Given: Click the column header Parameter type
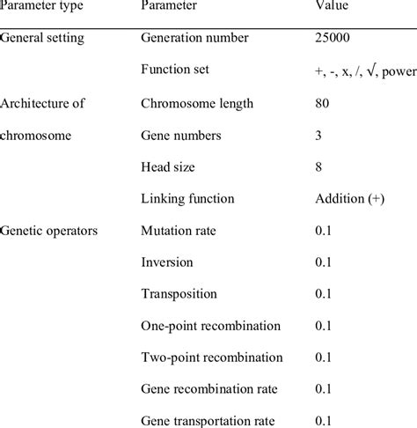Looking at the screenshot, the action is pyautogui.click(x=41, y=6).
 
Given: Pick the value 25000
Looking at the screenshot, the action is pyautogui.click(x=334, y=39).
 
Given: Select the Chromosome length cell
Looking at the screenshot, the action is pyautogui.click(x=197, y=103).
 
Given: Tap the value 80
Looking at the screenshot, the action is pyautogui.click(x=323, y=103).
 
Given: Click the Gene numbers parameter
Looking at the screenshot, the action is pyautogui.click(x=182, y=135).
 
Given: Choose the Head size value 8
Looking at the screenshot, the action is pyautogui.click(x=319, y=166).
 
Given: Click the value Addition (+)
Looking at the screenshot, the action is pyautogui.click(x=347, y=198).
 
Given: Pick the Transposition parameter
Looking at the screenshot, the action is pyautogui.click(x=179, y=294).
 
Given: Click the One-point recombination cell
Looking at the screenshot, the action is pyautogui.click(x=211, y=326).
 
